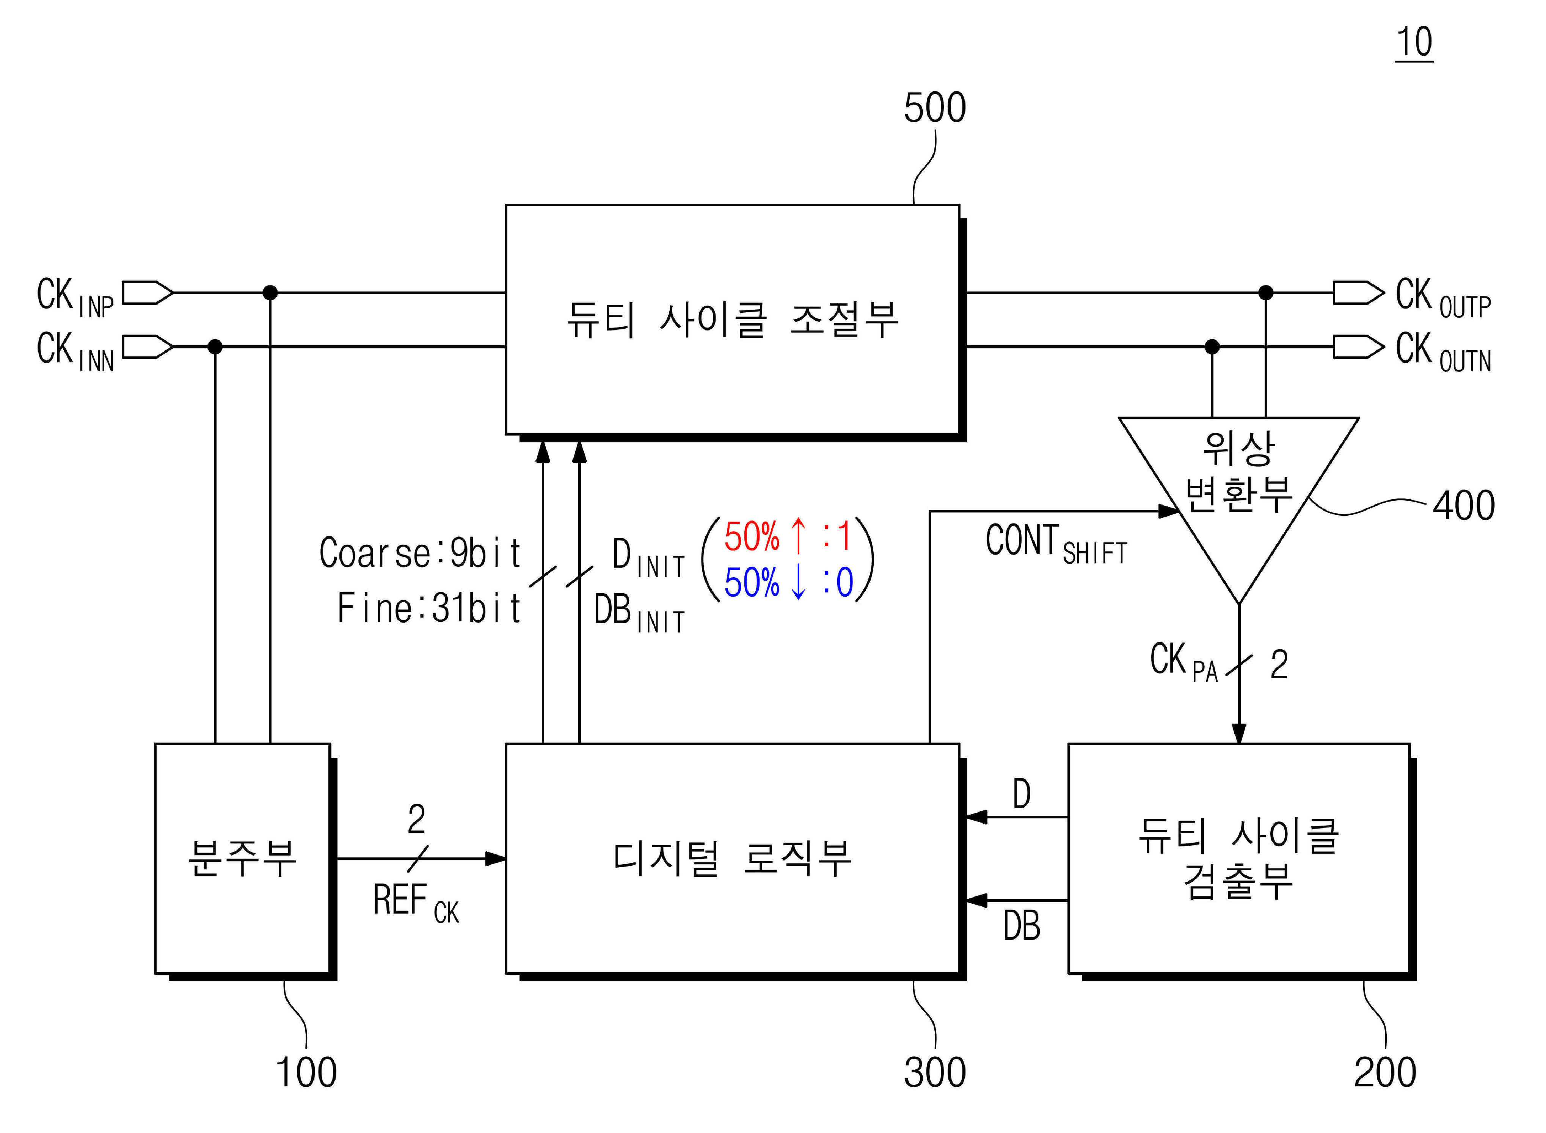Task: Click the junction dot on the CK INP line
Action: coord(270,293)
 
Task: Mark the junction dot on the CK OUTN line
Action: coord(1212,347)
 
